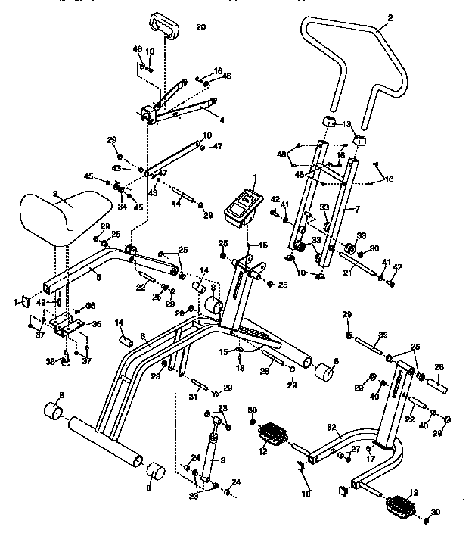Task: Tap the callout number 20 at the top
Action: point(200,26)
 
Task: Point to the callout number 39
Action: point(383,335)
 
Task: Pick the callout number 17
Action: point(370,460)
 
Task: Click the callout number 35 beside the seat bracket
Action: point(95,323)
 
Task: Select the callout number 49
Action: point(42,303)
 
